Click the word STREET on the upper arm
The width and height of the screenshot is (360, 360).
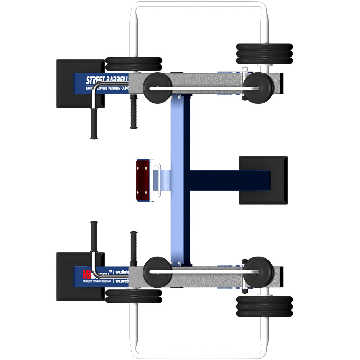click(95, 80)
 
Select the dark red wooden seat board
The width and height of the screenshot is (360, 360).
click(143, 180)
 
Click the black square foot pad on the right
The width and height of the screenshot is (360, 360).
click(263, 180)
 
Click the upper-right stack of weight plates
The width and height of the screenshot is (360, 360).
click(264, 54)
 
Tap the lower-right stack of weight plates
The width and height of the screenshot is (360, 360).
click(264, 306)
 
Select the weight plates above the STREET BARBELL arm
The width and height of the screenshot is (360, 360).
click(134, 64)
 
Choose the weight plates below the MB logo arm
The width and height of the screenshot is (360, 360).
click(134, 296)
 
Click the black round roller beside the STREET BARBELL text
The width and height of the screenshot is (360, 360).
click(157, 87)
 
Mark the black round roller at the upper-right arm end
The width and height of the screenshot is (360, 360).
click(258, 87)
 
